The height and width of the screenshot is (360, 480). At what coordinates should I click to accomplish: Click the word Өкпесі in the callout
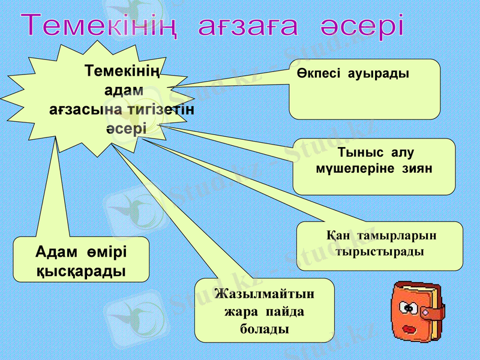point(320,74)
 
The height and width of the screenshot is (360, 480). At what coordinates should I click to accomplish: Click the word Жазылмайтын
point(264,295)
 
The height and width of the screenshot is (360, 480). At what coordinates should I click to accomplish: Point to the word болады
point(264,329)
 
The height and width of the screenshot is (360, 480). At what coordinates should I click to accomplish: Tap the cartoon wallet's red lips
point(410,329)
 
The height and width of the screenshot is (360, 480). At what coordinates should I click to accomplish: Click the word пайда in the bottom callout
point(285,312)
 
